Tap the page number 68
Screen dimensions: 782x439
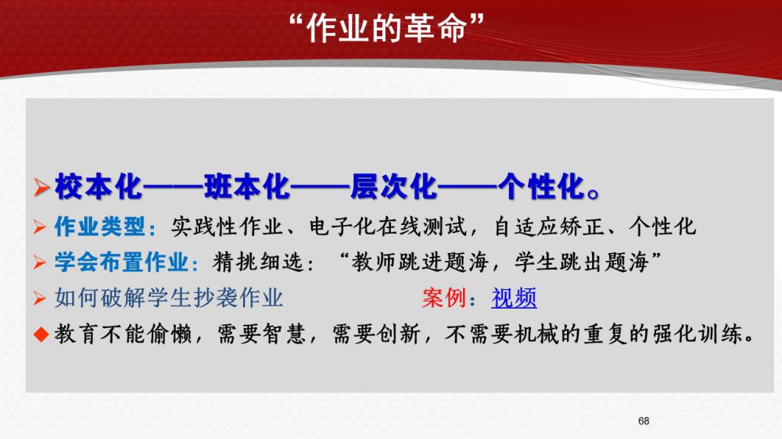point(644,421)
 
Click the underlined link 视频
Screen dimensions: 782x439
point(514,298)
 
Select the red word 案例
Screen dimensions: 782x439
point(444,298)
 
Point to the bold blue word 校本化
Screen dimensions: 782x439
point(99,187)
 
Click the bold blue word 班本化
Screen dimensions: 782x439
point(246,187)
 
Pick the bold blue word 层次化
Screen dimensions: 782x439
point(393,187)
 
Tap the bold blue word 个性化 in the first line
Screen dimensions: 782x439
point(541,187)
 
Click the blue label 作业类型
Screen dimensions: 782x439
point(100,227)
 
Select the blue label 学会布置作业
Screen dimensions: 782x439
point(122,262)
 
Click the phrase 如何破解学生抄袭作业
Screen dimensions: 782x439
point(169,298)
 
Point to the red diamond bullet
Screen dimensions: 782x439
point(41,334)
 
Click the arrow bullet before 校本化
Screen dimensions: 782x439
point(41,187)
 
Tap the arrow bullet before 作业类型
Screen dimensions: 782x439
point(39,227)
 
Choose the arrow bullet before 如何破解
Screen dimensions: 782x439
point(39,298)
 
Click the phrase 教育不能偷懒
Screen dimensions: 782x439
point(124,334)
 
